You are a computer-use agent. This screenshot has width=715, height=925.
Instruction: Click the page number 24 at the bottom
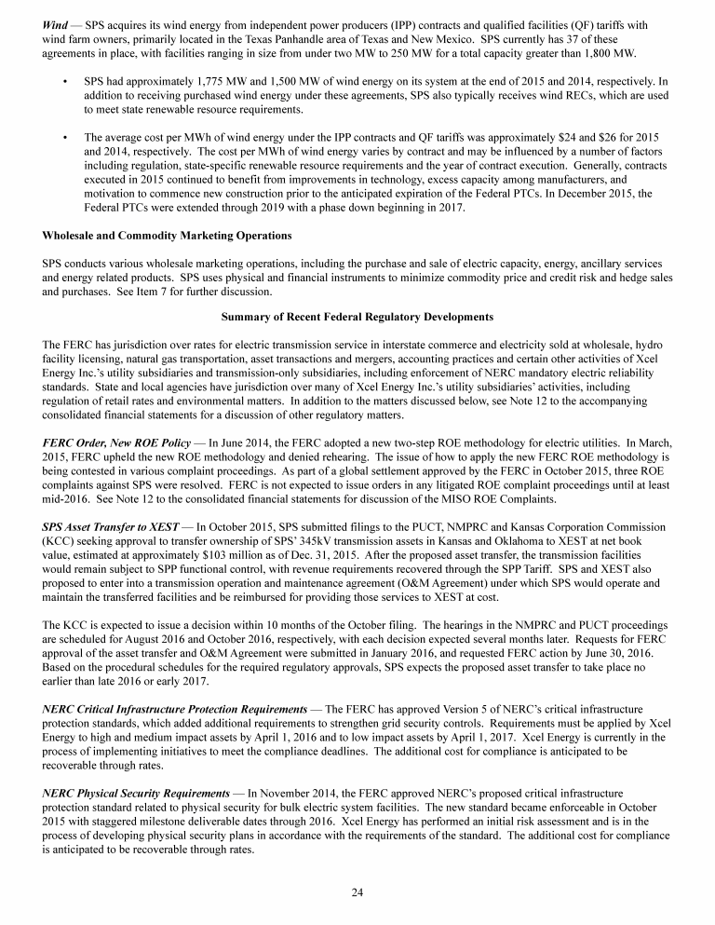pos(357,892)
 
